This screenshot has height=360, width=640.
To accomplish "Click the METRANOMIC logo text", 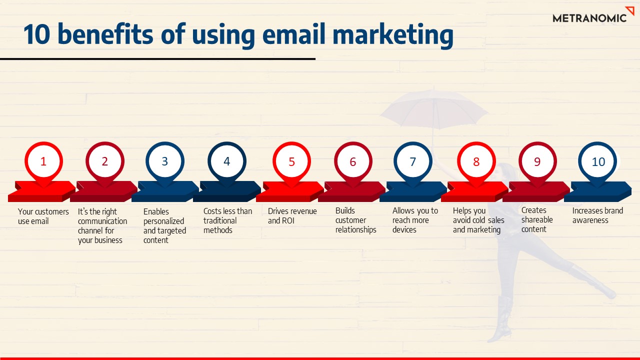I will (589, 18).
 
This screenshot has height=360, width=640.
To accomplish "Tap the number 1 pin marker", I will (43, 161).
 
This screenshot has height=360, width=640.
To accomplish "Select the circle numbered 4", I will (226, 161).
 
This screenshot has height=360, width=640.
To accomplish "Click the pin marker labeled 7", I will (412, 161).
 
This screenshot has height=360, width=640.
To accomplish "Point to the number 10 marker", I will (598, 161).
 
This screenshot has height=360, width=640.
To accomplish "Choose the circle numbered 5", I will (291, 161).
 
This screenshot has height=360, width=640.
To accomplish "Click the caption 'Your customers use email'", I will (43, 216).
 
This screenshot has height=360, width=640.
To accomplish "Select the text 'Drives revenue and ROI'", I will (292, 215).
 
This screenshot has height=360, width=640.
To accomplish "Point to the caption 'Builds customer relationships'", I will (355, 220).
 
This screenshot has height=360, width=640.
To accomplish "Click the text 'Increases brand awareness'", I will (597, 215).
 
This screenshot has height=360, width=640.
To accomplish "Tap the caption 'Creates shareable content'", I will (537, 219).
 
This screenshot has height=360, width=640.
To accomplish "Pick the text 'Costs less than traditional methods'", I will (227, 220).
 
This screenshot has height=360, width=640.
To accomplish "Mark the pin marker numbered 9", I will (537, 161).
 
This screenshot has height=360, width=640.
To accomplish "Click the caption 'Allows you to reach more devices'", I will (415, 220).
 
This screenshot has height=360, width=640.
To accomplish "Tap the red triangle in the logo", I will (629, 11).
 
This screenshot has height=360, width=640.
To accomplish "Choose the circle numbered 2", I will (104, 161).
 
